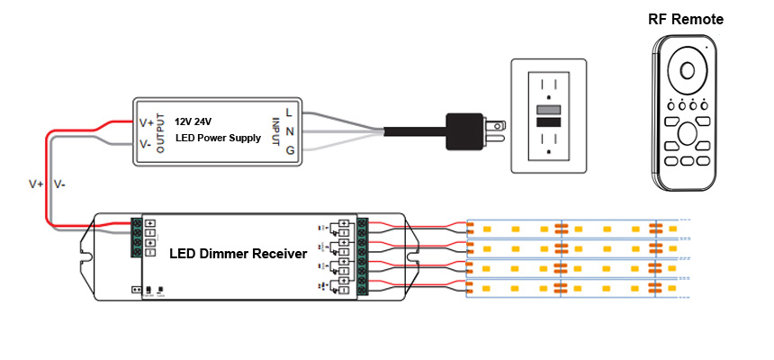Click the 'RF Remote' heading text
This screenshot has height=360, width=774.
coord(686,19)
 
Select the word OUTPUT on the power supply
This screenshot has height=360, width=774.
coord(161,132)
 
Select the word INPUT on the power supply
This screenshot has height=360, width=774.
coord(276,130)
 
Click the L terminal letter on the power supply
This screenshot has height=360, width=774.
coord(288,112)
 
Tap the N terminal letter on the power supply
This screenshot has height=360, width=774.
coord(289,131)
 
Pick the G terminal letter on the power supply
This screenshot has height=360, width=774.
coord(290,149)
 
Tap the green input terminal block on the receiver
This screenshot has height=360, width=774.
coord(137,238)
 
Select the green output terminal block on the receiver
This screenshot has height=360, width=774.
coord(364,256)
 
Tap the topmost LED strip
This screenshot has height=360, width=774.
coord(576,227)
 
